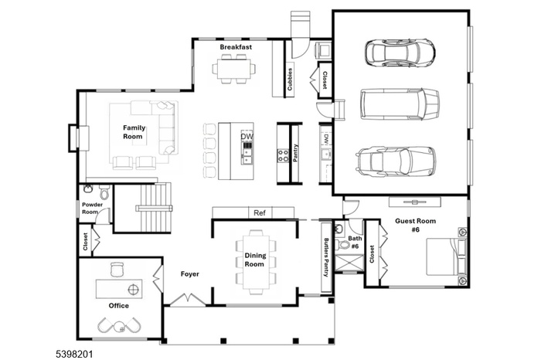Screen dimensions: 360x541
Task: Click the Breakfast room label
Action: [x=236, y=48]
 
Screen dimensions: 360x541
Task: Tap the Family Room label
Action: [x=134, y=131]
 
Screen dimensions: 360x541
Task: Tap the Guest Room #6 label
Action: [x=415, y=225]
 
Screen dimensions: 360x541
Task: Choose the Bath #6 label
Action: [x=355, y=243]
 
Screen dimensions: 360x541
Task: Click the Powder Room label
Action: [x=90, y=209]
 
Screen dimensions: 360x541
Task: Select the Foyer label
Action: [x=190, y=273]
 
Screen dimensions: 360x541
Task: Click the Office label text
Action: [x=118, y=306]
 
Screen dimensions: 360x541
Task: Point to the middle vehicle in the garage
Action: [x=400, y=104]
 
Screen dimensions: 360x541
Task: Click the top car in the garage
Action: [x=398, y=53]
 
